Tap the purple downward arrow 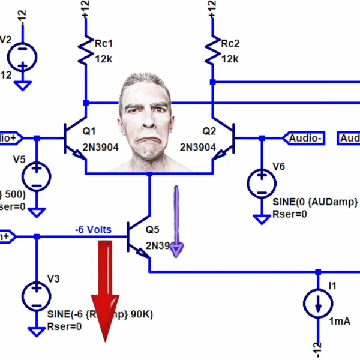[x=176, y=222]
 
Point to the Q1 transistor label [x=89, y=131]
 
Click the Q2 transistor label [x=209, y=131]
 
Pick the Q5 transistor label [x=153, y=229]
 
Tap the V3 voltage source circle [x=37, y=296]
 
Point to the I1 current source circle [x=317, y=304]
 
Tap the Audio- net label [x=307, y=138]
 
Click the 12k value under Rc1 [x=104, y=59]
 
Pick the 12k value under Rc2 [x=230, y=59]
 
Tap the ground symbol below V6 [x=262, y=219]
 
